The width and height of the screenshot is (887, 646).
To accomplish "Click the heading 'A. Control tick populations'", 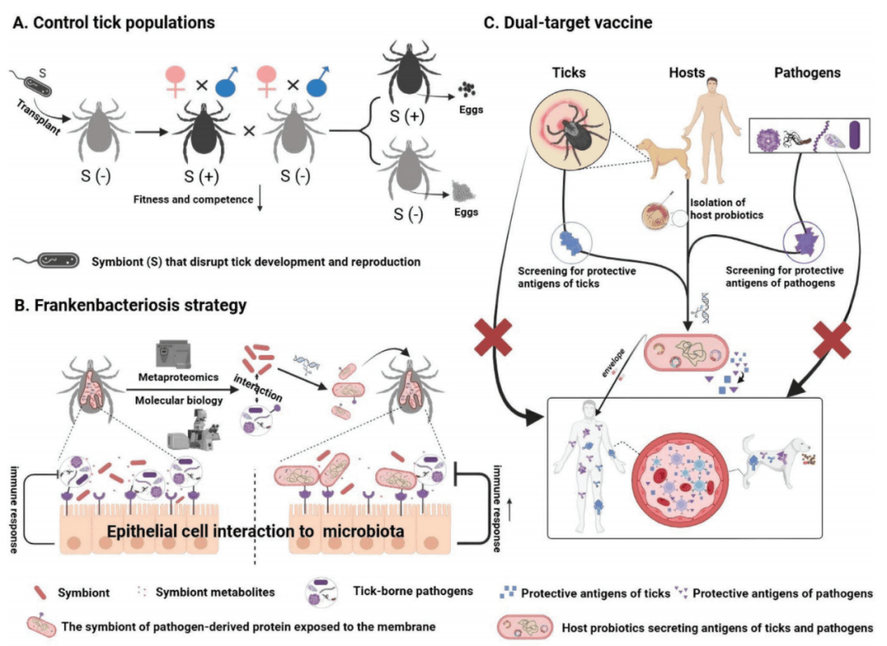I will (x=114, y=22).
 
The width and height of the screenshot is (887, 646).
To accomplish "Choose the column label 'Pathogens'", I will (x=807, y=72).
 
